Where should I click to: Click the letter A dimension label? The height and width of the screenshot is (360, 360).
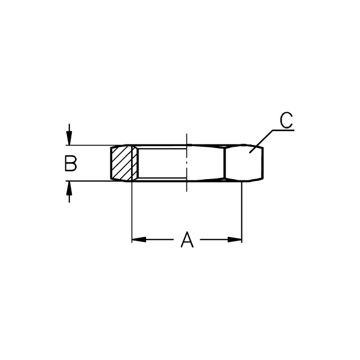(187, 239)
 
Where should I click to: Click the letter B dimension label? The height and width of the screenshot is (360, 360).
(71, 163)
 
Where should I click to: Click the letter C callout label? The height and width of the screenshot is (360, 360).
(286, 120)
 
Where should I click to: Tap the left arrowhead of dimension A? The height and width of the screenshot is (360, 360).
(139, 239)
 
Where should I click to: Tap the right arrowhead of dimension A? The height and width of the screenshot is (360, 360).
(235, 239)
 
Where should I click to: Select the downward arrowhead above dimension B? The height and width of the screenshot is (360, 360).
(69, 138)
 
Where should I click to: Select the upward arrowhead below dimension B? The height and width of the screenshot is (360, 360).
(69, 188)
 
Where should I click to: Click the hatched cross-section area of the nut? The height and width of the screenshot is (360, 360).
(124, 163)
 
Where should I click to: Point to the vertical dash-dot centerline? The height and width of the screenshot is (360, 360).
(187, 162)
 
